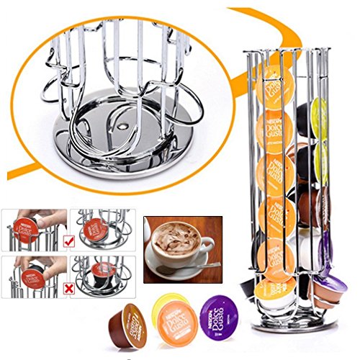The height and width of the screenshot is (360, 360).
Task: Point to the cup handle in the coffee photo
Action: click(x=209, y=248)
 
